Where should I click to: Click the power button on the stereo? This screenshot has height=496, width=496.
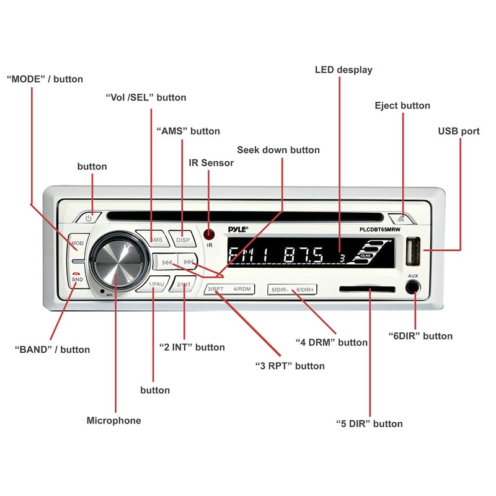coord(89,218)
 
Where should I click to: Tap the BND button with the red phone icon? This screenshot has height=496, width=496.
coord(77,277)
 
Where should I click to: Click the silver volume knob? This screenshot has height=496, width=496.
coord(118,262)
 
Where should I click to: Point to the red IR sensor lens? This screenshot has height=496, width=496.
coord(209,235)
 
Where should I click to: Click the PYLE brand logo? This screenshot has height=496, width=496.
coord(237,229)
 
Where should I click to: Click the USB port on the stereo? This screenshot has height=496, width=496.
coord(412,251)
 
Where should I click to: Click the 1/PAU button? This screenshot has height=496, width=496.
coord(156,285)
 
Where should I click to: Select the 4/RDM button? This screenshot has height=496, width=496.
coord(242,289)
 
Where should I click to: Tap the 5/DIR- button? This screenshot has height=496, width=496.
coord(280,290)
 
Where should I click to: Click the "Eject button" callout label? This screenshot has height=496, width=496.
coord(402,106)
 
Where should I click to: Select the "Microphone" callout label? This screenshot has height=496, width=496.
coord(113,421)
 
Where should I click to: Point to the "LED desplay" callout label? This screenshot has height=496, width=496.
coord(343,70)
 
